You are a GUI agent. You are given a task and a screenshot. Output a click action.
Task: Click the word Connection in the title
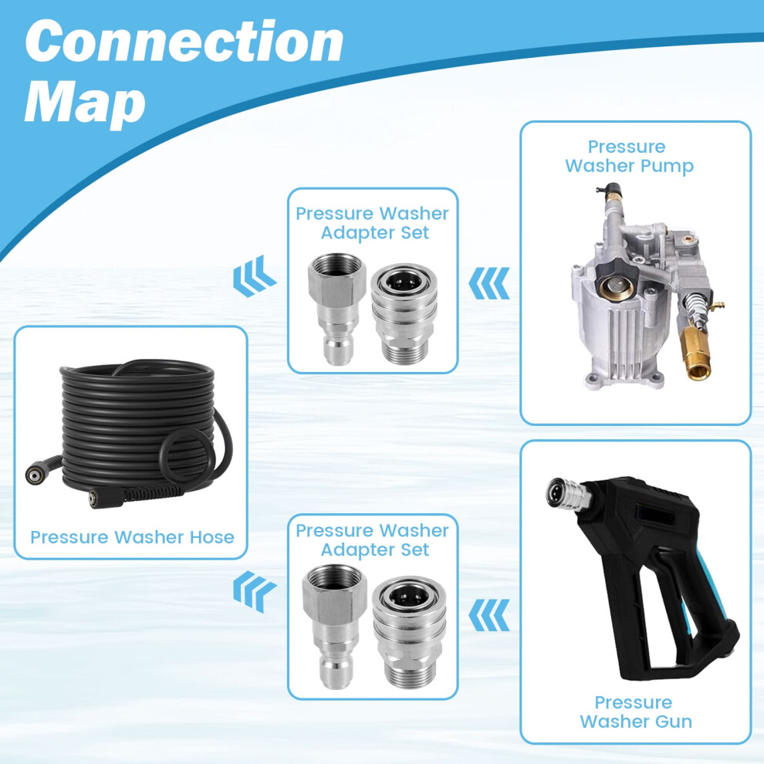(184, 42)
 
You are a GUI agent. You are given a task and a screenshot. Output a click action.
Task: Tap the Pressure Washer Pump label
(629, 156)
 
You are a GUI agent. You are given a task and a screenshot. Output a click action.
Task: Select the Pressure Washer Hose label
(132, 537)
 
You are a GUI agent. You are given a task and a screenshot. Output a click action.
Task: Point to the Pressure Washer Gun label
(635, 712)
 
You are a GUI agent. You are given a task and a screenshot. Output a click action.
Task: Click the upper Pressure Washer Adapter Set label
(372, 223)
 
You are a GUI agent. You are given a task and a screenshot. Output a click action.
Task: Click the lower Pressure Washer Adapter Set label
(372, 539)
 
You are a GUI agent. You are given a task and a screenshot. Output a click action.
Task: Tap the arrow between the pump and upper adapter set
(488, 283)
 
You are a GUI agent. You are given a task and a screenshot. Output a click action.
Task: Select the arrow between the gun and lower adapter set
(488, 615)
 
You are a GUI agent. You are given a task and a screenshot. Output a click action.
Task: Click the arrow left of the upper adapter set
(255, 276)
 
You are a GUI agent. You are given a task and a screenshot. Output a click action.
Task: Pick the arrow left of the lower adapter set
(255, 591)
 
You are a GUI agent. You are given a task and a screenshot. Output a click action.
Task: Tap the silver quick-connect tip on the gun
(568, 495)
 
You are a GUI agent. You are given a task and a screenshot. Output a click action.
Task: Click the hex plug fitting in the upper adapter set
(336, 309)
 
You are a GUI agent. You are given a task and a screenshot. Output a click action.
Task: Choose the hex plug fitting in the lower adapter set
(333, 626)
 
